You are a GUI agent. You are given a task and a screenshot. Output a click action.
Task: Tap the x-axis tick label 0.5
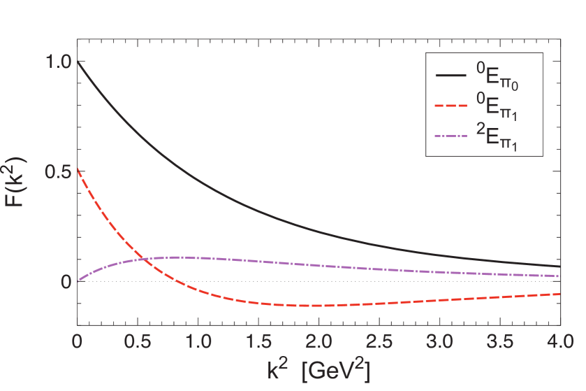click(x=138, y=342)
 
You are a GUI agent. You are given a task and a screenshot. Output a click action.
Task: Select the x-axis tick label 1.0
click(x=198, y=342)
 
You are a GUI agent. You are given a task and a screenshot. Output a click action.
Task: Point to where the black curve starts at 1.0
click(x=78, y=62)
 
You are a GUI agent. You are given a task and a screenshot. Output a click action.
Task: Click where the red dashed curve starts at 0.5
click(x=78, y=169)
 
